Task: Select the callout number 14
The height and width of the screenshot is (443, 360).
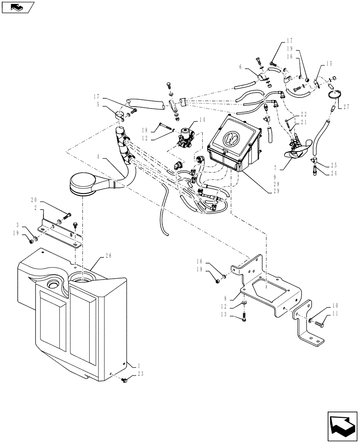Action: [x=202, y=119]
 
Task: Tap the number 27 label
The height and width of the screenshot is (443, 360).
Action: [x=347, y=106]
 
